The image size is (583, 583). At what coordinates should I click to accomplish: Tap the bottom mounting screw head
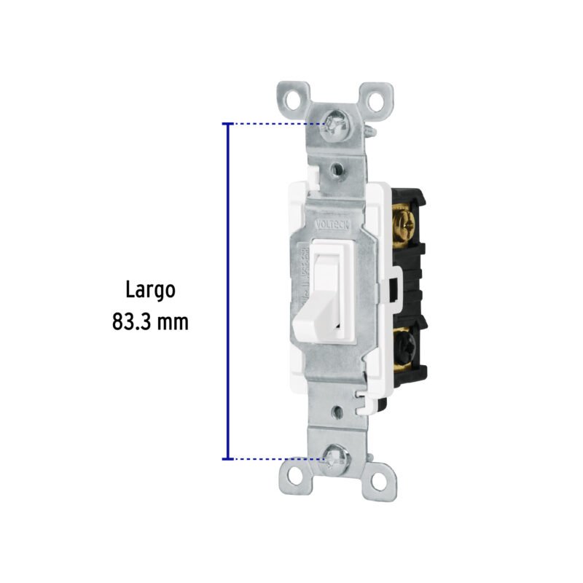click(337, 457)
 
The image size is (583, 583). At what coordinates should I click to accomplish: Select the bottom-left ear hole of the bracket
click(295, 476)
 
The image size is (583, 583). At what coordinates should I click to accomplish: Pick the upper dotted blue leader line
click(277, 125)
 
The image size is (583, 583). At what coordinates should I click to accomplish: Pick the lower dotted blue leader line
click(277, 458)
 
